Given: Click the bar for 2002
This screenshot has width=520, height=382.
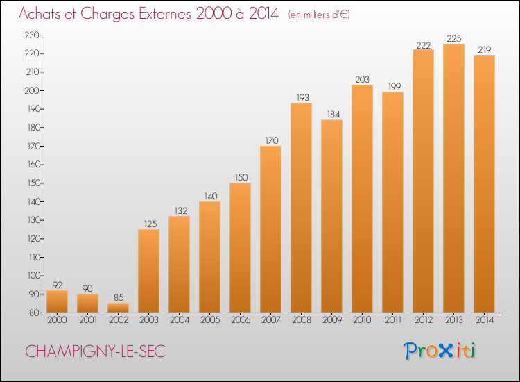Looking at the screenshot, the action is pos(119,308).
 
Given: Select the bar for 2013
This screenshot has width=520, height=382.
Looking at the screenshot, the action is pos(453,178).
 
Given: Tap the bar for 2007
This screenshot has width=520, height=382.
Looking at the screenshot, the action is pos(270,229).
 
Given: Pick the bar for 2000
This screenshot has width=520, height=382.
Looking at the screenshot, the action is pos(57,301).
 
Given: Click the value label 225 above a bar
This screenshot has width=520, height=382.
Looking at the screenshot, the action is pos(453,38).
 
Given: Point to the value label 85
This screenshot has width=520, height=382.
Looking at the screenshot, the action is pos(119,298).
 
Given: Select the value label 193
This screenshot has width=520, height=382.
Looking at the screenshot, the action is pos(302,98).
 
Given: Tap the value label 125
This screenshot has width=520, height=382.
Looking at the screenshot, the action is pos(150,224).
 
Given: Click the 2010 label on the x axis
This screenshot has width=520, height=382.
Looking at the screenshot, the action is pos(362,320).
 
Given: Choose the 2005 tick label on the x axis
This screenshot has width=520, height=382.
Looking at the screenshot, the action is pos(209,320).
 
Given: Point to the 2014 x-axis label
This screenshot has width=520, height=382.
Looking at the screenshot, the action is pos(484,320).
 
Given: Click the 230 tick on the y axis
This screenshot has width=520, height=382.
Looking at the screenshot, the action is pos(32,35).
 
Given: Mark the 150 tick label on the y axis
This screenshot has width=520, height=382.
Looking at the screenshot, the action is pos(33,183).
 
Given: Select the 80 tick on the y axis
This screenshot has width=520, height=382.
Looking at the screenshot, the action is pos(34,313).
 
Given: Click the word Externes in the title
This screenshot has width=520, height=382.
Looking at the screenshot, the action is pos(165,14).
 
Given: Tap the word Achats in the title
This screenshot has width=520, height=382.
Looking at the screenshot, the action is pos(40,14).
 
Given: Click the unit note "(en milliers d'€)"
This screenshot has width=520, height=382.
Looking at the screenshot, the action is pos(319,15).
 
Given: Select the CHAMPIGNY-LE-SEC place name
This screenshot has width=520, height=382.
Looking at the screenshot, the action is pos(95,351).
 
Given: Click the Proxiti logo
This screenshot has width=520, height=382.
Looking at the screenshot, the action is pos(439,351).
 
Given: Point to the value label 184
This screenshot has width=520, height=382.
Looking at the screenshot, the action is pos(333,115).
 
